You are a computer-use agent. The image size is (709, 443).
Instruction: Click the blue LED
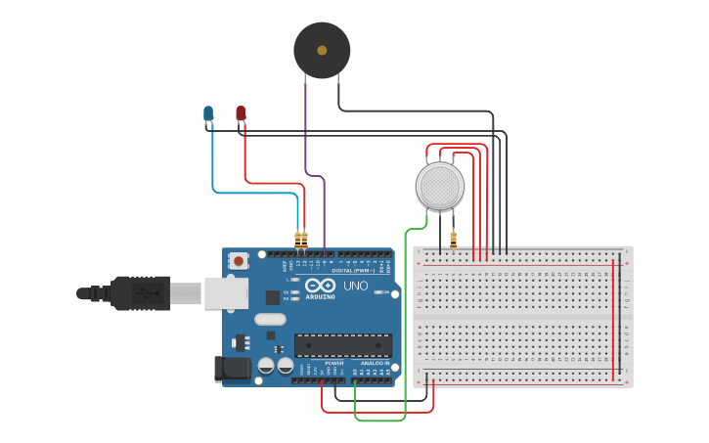208,114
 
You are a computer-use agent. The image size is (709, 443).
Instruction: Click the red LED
241,113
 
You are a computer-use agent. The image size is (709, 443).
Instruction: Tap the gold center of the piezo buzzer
322,50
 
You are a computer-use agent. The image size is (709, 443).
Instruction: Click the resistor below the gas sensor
453,238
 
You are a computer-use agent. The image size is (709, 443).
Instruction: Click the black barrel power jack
231,368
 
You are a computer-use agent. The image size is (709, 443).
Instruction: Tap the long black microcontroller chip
343,344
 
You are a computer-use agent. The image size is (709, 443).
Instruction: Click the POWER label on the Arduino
333,363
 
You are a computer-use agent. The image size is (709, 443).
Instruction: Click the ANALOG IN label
375,363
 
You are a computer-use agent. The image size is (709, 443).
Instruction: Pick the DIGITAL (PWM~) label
354,270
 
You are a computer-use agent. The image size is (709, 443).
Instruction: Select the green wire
405,323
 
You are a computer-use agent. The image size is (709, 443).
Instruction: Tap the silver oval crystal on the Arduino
270,319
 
